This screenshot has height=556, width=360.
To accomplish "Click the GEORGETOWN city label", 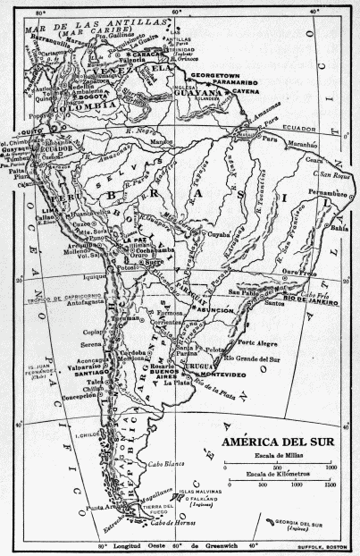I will tap(216, 78).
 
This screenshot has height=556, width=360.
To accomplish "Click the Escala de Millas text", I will tap(276, 456).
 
